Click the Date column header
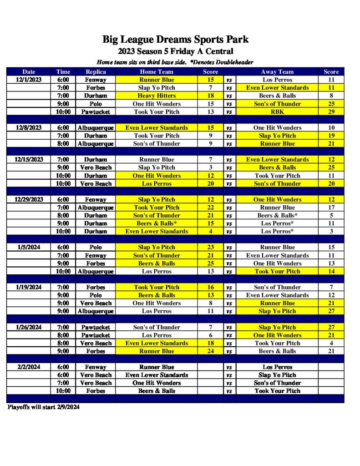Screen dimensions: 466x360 click(x=29, y=71)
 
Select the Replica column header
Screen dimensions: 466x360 click(x=96, y=71)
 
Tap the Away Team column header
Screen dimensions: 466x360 click(x=277, y=71)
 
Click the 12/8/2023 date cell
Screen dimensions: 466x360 click(x=29, y=127)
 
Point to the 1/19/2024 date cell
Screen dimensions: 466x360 click(x=29, y=287)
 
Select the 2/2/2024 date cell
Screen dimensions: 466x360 click(x=29, y=367)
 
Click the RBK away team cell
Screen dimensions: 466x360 click(x=277, y=111)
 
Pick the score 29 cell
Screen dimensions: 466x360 click(x=331, y=111)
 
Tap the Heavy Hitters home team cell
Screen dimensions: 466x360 click(x=156, y=96)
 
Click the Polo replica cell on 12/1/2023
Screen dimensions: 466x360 click(x=96, y=104)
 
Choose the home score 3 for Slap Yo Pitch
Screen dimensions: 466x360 click(x=211, y=167)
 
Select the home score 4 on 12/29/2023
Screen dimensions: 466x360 click(x=211, y=231)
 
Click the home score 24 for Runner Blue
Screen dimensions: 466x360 click(x=211, y=351)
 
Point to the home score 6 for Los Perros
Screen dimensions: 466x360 click(x=211, y=335)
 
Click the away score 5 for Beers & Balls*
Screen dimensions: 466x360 click(x=331, y=215)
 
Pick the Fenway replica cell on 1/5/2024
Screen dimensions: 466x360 click(x=96, y=255)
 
